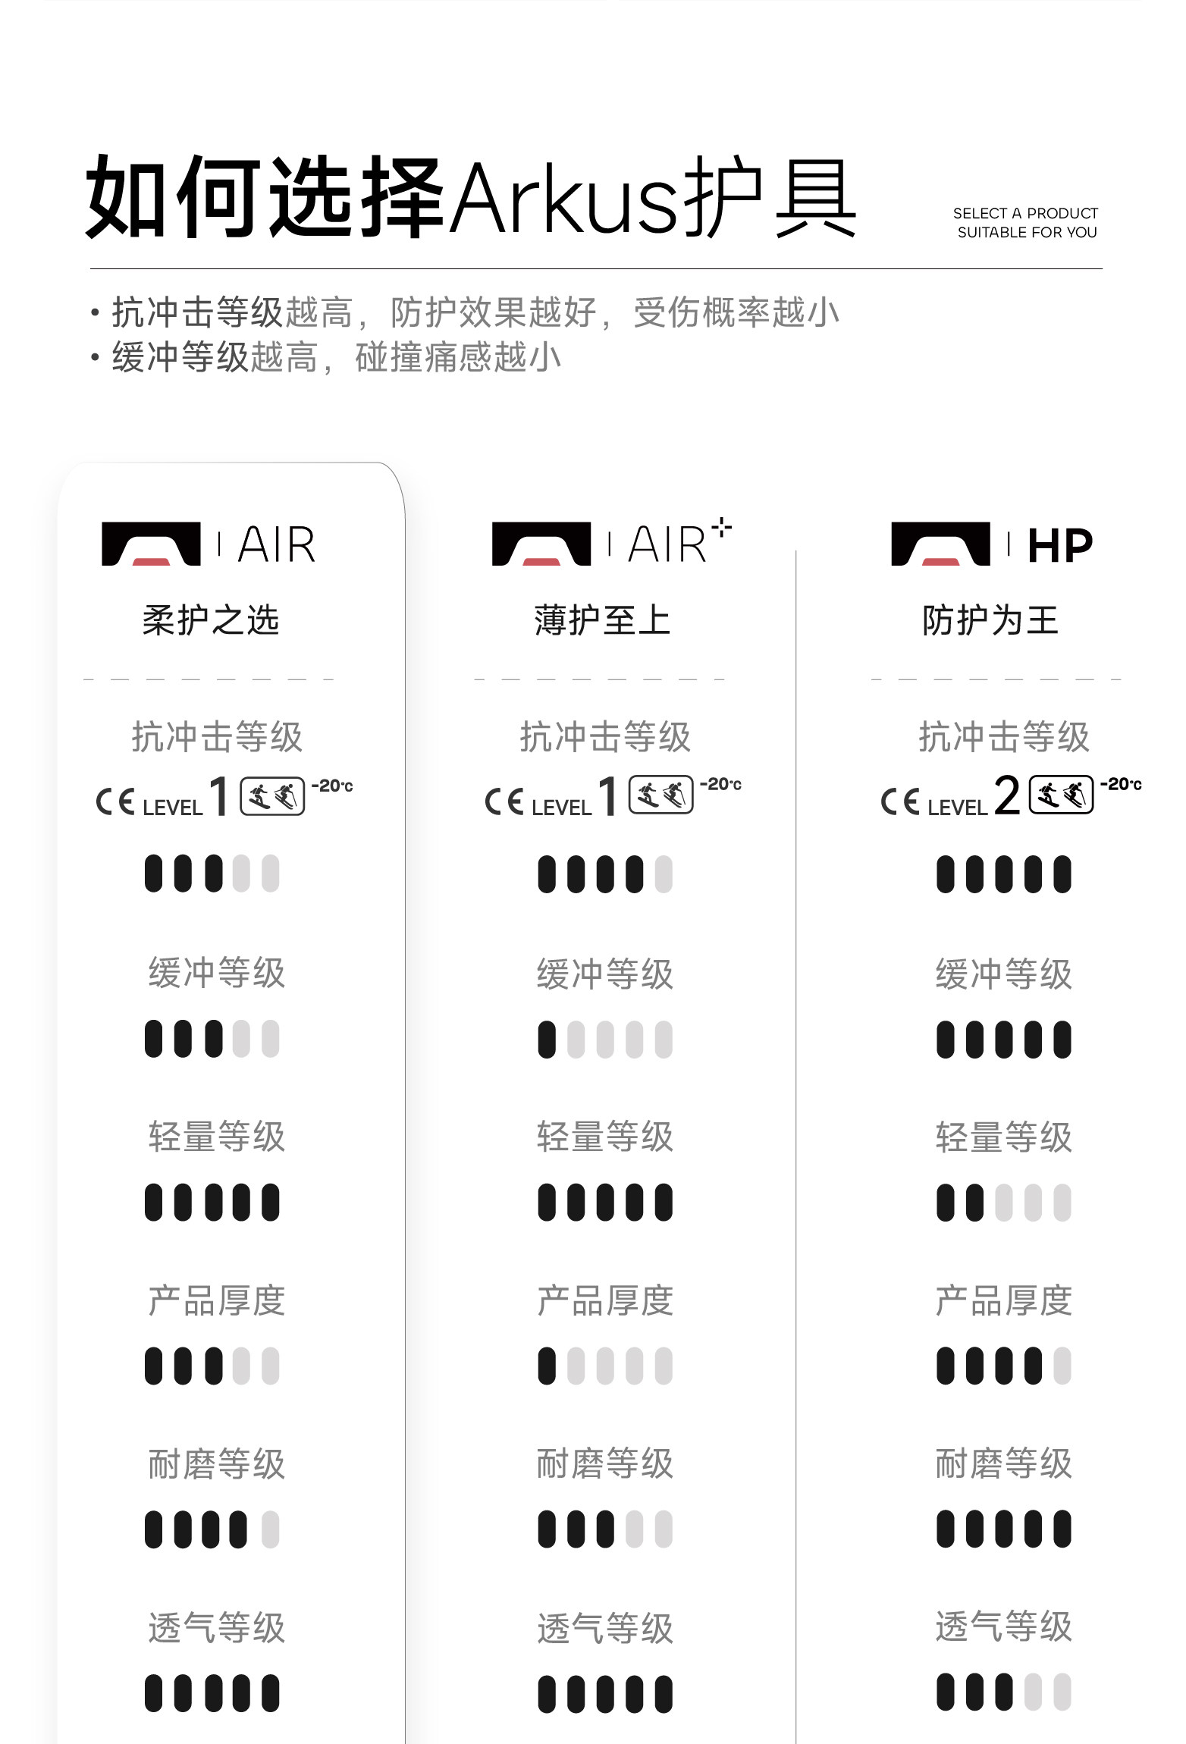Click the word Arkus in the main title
pos(564,199)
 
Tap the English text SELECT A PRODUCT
pos(1025,213)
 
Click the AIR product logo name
pos(277,544)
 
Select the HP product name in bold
pos(1060,545)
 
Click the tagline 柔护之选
pos(211,620)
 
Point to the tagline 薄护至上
pos(603,620)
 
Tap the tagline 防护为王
pos(990,620)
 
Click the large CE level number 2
pos(1007,796)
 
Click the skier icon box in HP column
pos(1061,795)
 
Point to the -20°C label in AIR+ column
pos(720,784)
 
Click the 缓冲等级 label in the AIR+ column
pos(605,974)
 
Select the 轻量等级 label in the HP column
pos(1003,1137)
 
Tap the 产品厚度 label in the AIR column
pos(217,1301)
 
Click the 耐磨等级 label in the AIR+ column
pos(605,1463)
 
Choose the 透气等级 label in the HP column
pos(1003,1627)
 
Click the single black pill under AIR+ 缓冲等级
pos(547,1040)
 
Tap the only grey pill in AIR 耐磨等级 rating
pos(271,1529)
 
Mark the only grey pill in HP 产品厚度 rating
pos(1062,1366)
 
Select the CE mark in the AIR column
pos(115,801)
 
